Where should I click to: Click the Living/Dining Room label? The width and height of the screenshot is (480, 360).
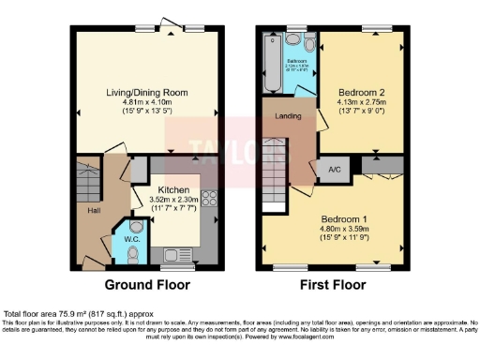tap(148, 92)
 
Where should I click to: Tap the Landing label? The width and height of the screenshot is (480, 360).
tap(287, 116)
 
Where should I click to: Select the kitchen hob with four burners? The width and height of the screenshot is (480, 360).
tap(208, 200)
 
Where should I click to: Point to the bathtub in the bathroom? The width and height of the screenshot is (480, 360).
tap(273, 63)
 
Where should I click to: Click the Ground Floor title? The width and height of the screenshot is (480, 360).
tap(146, 284)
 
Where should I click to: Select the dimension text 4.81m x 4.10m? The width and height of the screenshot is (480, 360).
tap(148, 103)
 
